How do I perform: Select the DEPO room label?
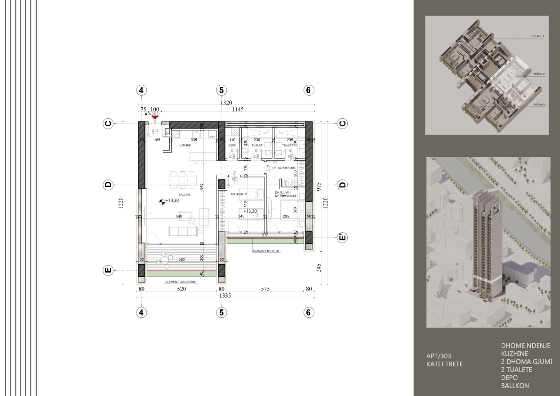click(232, 145)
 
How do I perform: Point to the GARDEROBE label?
click(286, 167)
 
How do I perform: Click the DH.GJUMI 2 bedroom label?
click(239, 194)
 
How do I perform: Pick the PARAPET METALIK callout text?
click(266, 251)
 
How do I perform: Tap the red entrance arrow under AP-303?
click(155, 118)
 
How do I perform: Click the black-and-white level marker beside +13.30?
click(162, 201)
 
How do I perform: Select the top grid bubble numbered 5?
click(221, 90)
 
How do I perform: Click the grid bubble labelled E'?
click(343, 238)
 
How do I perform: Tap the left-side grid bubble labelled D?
click(108, 185)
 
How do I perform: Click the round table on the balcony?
click(164, 259)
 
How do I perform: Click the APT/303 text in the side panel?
click(437, 356)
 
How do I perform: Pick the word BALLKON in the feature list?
click(515, 386)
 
